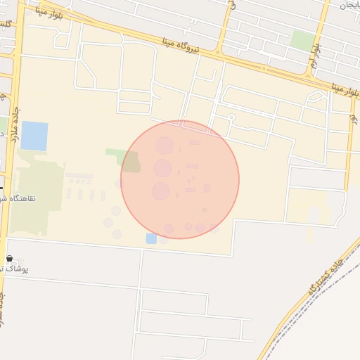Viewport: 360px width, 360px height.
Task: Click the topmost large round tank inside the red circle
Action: (x=165, y=146)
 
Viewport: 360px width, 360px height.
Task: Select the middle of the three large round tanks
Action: (x=162, y=168)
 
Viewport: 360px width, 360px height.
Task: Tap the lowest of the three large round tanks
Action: (x=161, y=191)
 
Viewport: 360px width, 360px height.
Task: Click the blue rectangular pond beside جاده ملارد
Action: (x=34, y=136)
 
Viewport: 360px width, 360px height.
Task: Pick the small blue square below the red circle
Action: (x=151, y=238)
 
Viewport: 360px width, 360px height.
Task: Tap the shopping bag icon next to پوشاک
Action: (x=9, y=258)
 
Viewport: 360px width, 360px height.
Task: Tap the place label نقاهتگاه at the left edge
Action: (x=29, y=199)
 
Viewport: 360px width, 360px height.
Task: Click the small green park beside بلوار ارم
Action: (x=302, y=39)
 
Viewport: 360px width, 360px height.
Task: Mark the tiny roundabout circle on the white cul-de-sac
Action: (x=231, y=117)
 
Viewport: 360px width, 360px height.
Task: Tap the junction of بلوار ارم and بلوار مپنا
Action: (x=307, y=77)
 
